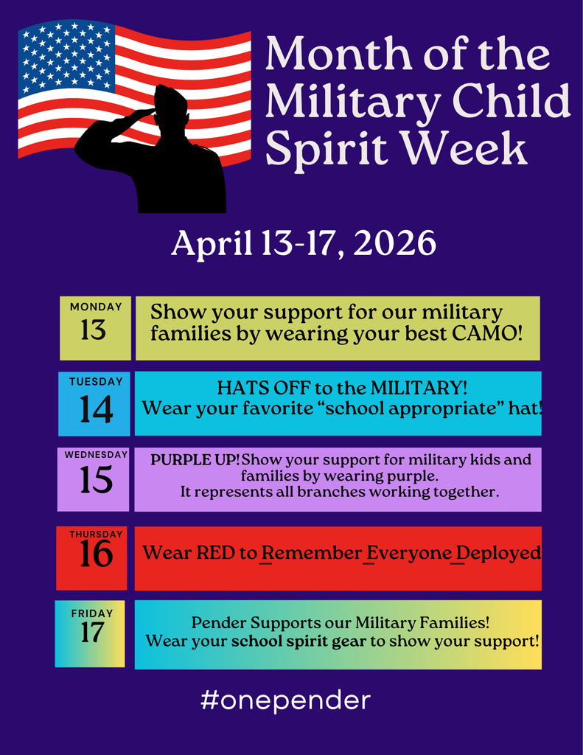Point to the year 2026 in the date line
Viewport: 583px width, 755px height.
pyautogui.click(x=394, y=244)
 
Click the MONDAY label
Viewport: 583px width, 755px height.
pyautogui.click(x=96, y=307)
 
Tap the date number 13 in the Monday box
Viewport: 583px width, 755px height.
pyautogui.click(x=94, y=330)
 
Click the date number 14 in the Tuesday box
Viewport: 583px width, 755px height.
pyautogui.click(x=96, y=409)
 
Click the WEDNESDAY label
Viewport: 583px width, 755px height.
pyautogui.click(x=96, y=455)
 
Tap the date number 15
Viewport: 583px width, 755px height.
pyautogui.click(x=96, y=481)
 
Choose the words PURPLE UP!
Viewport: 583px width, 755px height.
pyautogui.click(x=195, y=459)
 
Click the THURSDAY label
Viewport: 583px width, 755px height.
pyautogui.click(x=96, y=535)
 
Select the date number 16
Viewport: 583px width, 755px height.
pyautogui.click(x=96, y=554)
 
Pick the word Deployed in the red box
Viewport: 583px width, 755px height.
pyautogui.click(x=504, y=553)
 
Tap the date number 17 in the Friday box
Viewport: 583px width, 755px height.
pyautogui.click(x=92, y=632)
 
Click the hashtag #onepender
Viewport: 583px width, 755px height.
pyautogui.click(x=285, y=699)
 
